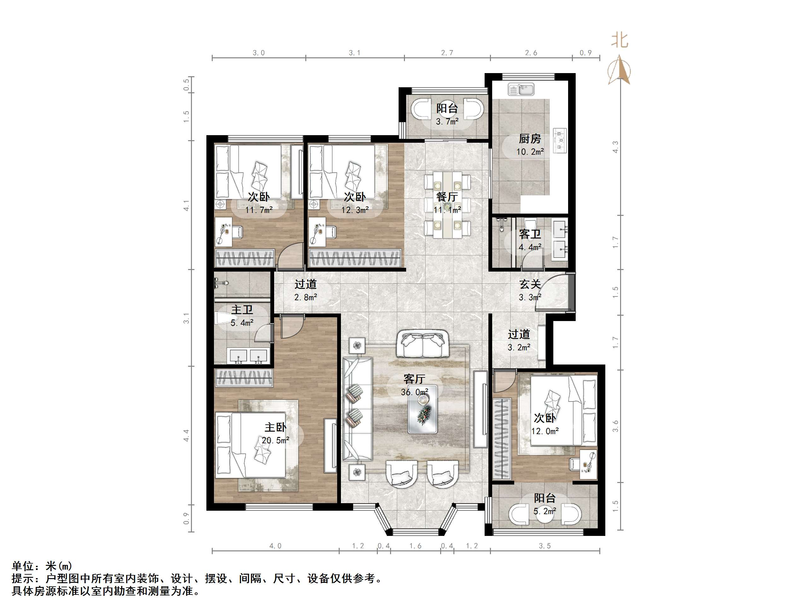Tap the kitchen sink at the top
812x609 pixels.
[x=521, y=89]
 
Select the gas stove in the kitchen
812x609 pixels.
[x=560, y=141]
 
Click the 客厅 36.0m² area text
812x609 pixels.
[x=414, y=392]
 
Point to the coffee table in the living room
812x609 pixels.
[x=423, y=409]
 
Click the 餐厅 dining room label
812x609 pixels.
[x=447, y=197]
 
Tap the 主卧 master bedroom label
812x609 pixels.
[x=275, y=427]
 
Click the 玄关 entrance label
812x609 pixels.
[x=530, y=284]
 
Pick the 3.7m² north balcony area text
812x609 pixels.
[x=447, y=122]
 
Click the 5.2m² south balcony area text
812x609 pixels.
[x=545, y=511]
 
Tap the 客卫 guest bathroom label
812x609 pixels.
[x=530, y=234]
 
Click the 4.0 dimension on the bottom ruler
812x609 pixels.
[x=275, y=546]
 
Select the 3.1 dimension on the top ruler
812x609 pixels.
[x=354, y=53]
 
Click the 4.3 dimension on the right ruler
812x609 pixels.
[x=616, y=147]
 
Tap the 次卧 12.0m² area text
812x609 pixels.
[x=545, y=431]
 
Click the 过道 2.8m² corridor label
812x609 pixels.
[x=305, y=284]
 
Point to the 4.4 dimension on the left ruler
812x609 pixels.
[x=187, y=435]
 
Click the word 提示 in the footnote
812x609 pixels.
[x=23, y=579]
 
